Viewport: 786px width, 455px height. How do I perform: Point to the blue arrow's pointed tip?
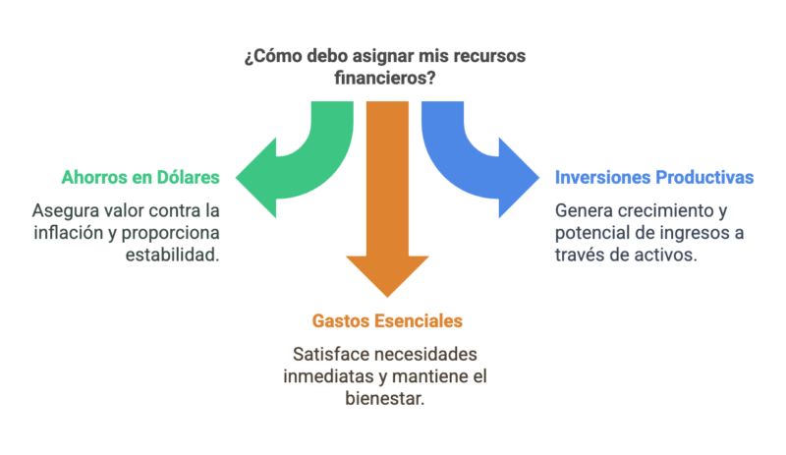click(x=538, y=178)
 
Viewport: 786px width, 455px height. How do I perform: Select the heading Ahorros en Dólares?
click(x=140, y=178)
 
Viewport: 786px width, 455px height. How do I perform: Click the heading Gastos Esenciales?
click(x=387, y=321)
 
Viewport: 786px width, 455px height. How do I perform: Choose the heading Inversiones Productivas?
click(x=654, y=178)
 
